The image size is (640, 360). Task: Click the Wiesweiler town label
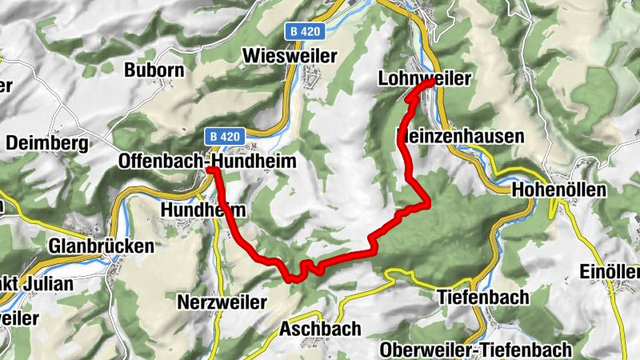point(289,55)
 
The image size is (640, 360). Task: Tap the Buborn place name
point(154,70)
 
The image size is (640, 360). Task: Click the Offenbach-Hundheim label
point(206,161)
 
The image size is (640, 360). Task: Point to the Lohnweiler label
point(424,78)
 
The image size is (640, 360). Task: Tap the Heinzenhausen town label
point(461,137)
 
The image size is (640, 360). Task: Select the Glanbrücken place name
point(101,246)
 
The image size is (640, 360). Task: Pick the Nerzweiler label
point(218,302)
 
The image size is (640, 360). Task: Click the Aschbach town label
point(320,329)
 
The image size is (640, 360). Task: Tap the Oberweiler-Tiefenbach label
point(476,350)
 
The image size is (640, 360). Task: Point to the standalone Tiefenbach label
point(483,297)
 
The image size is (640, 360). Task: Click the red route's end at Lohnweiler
point(432,82)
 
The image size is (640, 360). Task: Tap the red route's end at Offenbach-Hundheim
point(210,170)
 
